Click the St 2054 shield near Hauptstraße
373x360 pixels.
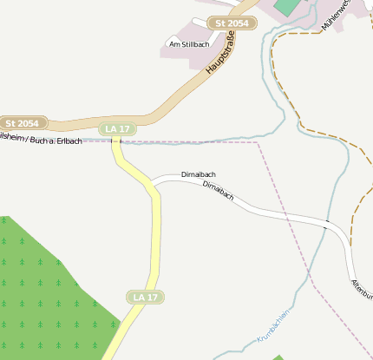click(232, 23)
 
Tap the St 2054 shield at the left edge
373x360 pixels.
click(23, 123)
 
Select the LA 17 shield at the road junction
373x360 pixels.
click(117, 129)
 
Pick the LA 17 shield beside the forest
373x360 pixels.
click(145, 298)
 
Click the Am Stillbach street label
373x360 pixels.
click(189, 44)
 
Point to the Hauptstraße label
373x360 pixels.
click(222, 56)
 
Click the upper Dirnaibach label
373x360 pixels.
click(199, 174)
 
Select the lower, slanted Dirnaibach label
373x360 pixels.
click(219, 191)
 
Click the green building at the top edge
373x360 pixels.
click(285, 5)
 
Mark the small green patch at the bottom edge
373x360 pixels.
click(278, 357)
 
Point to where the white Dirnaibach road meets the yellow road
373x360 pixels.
click(154, 185)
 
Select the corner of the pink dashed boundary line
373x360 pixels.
click(258, 142)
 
